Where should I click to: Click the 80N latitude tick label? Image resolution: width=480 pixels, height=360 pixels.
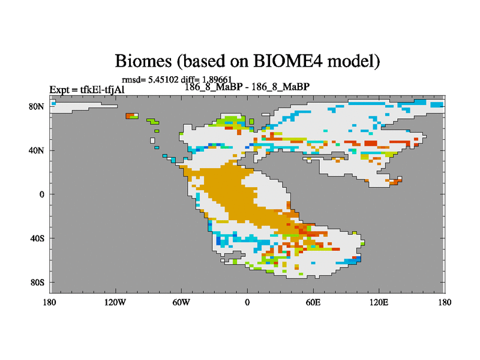[x=37, y=107]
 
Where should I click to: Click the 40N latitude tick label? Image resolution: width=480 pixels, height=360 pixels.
[x=37, y=151]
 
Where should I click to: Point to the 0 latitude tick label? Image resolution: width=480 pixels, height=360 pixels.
[x=41, y=194]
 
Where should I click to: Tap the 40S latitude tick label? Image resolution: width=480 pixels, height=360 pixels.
[x=37, y=238]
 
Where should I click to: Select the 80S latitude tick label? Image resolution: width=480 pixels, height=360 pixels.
[x=37, y=282]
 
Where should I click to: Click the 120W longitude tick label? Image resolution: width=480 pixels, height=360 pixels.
[x=115, y=302]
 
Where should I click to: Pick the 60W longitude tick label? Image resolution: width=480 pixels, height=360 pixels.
[x=181, y=302]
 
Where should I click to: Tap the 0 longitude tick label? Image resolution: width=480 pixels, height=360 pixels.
[x=247, y=302]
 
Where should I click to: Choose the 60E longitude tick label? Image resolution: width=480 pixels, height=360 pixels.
[x=313, y=302]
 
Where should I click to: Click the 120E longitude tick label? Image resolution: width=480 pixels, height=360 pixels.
[x=379, y=302]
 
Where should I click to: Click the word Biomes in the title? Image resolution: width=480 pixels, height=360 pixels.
[x=143, y=61]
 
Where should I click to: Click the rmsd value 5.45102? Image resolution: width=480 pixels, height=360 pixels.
[x=163, y=80]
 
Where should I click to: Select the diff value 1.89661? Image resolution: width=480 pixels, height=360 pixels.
[x=217, y=80]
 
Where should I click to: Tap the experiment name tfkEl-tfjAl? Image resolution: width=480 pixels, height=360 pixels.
[x=103, y=89]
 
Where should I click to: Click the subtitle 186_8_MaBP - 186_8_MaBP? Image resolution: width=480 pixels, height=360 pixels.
[x=247, y=87]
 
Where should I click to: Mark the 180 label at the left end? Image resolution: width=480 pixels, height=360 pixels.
[x=50, y=302]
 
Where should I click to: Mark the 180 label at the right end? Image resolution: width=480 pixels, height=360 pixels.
[x=445, y=302]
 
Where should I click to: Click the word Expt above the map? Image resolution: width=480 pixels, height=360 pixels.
[x=59, y=90]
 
